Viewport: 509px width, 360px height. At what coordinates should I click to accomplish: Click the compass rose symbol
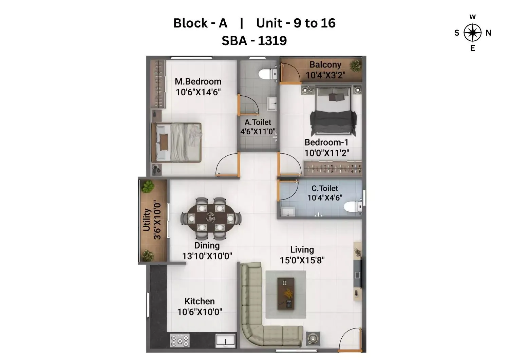click(472, 33)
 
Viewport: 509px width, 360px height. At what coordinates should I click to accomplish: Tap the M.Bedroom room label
click(198, 81)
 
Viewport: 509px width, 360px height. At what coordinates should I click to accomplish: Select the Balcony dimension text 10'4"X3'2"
click(325, 75)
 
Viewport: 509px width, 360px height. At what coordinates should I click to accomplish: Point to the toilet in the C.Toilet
click(353, 207)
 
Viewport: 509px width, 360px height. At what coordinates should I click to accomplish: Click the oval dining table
click(211, 217)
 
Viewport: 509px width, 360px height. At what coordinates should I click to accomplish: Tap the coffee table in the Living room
click(286, 293)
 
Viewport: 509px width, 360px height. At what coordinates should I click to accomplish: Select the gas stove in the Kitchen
click(180, 340)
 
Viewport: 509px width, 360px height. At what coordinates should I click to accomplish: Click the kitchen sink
click(225, 340)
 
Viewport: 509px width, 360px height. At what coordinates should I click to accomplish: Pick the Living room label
click(302, 250)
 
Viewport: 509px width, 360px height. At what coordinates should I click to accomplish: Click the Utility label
click(147, 220)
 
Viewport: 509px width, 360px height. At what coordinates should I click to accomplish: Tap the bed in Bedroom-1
click(333, 112)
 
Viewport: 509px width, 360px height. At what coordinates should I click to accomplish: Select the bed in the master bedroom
click(177, 142)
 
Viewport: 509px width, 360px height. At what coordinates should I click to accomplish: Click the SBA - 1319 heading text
click(254, 41)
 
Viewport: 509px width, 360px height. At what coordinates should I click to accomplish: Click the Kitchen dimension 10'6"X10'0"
click(200, 311)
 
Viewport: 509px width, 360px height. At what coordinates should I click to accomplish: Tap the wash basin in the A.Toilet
click(271, 103)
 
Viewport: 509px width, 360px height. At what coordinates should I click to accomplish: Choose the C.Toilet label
click(325, 188)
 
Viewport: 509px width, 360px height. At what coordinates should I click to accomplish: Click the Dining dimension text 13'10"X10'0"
click(207, 256)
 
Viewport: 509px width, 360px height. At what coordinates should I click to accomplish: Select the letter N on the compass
click(488, 33)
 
